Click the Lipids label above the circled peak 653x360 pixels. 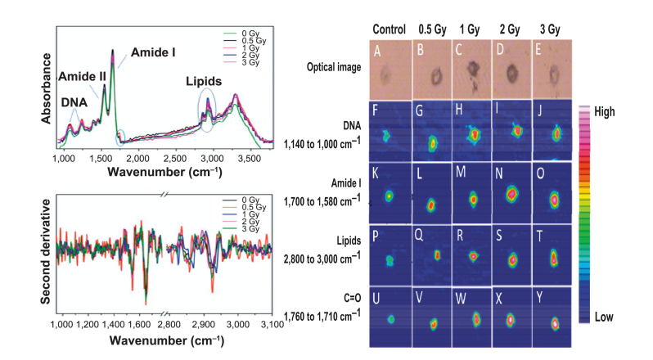click(x=207, y=82)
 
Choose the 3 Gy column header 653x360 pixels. click(x=556, y=29)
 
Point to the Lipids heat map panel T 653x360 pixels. click(x=554, y=254)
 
